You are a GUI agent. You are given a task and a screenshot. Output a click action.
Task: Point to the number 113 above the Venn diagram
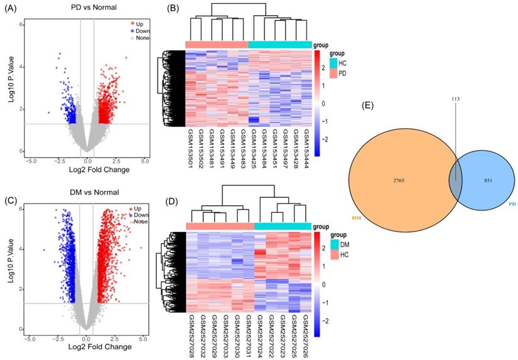tap(456, 99)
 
